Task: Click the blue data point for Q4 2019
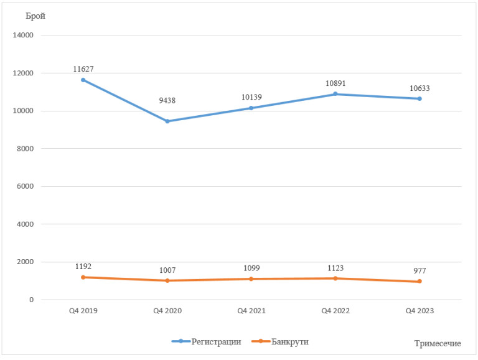pyautogui.click(x=83, y=80)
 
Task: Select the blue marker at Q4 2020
pyautogui.click(x=167, y=121)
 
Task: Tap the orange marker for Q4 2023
pyautogui.click(x=419, y=282)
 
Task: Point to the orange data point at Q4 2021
pyautogui.click(x=251, y=279)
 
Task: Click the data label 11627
pyautogui.click(x=83, y=69)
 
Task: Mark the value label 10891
pyautogui.click(x=335, y=83)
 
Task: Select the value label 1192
pyautogui.click(x=83, y=266)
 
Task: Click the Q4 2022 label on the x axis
pyautogui.click(x=335, y=311)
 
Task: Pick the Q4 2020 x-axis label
pyautogui.click(x=167, y=311)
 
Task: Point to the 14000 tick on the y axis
pyautogui.click(x=23, y=36)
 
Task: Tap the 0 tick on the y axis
pyautogui.click(x=31, y=300)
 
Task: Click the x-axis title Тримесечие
pyautogui.click(x=437, y=344)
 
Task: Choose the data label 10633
pyautogui.click(x=419, y=88)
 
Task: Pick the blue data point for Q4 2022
pyautogui.click(x=335, y=94)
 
